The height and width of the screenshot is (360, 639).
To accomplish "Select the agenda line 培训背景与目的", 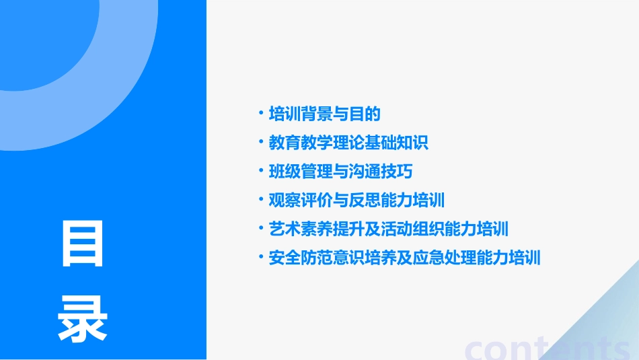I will (324, 114).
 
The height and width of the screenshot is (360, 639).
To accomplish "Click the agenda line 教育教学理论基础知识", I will (348, 143).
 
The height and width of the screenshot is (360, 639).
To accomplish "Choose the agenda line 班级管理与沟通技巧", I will (340, 172).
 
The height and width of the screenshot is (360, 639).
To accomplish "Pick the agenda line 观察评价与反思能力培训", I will (356, 201).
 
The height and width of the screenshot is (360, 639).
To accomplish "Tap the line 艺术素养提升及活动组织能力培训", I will (388, 229).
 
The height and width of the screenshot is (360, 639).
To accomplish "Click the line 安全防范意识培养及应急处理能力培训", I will (404, 258).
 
